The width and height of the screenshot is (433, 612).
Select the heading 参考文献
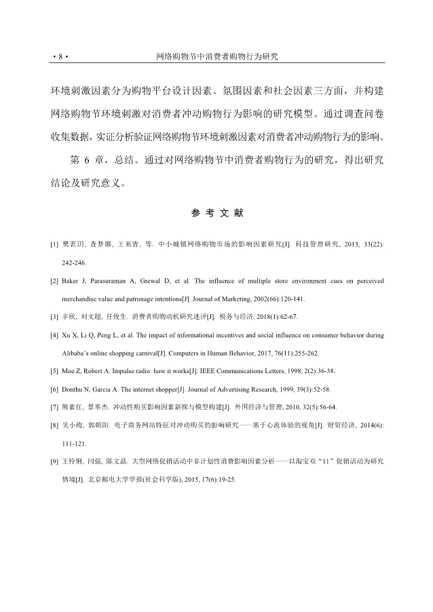point(217,213)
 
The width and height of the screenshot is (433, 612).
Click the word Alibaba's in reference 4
point(80,353)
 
